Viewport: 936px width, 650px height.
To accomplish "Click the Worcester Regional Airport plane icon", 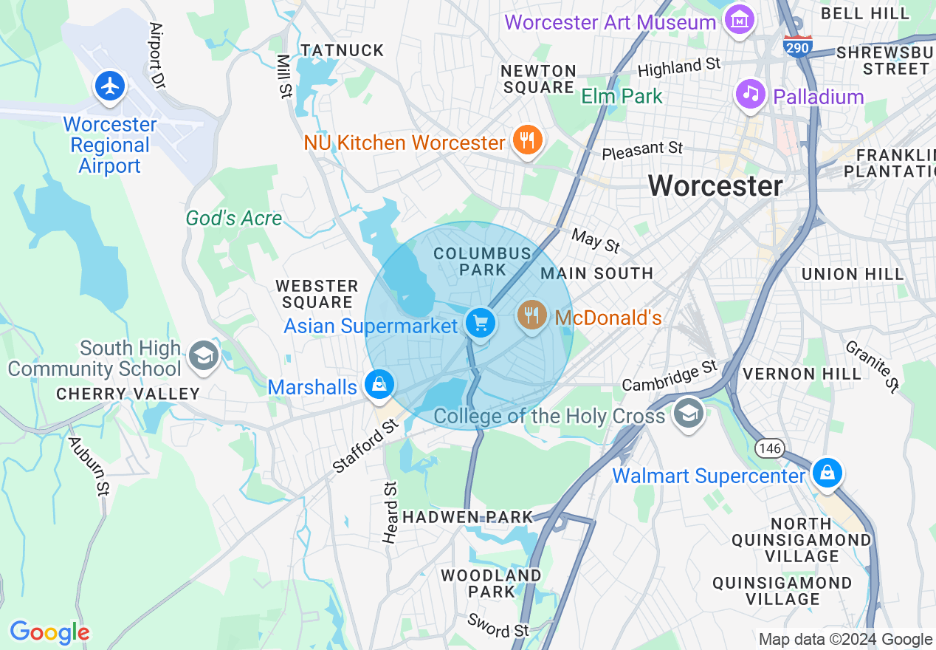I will click(110, 86).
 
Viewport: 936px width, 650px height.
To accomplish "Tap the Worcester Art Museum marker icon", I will click(739, 20).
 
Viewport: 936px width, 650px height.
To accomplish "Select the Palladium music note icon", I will click(751, 94).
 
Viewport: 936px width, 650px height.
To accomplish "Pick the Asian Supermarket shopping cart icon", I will click(481, 323).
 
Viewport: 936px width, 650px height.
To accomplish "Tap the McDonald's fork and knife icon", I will click(531, 315).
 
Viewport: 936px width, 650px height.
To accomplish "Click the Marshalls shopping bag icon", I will click(379, 384).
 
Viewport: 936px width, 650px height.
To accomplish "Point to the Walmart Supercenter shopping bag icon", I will click(827, 472).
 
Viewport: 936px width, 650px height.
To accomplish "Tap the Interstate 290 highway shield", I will click(797, 46).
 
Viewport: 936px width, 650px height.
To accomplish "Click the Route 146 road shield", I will click(769, 448).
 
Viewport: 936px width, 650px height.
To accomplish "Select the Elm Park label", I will click(622, 96).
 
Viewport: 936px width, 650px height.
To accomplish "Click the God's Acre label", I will click(233, 218).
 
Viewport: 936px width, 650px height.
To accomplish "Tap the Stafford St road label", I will click(365, 445).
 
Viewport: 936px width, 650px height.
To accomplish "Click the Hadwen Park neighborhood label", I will click(467, 517).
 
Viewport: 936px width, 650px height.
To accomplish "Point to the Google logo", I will click(49, 632).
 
